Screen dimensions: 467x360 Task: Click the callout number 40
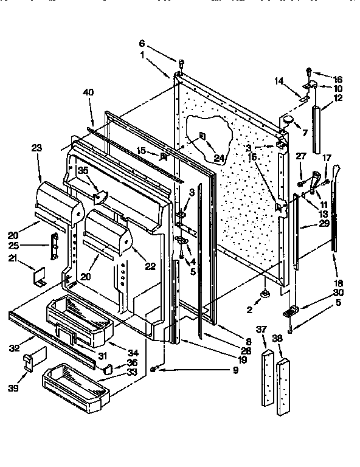tap(89, 92)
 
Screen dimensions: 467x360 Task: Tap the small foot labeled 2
tap(266, 296)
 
